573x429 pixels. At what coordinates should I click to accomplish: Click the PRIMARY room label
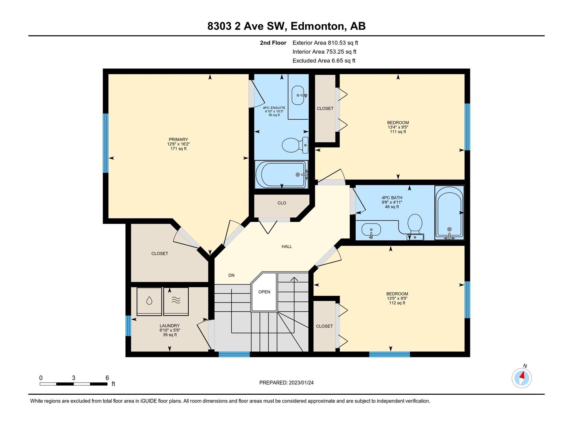click(x=178, y=139)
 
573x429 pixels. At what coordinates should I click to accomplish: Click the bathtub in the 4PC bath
click(x=449, y=213)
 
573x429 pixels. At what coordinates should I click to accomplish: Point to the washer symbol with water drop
click(x=149, y=301)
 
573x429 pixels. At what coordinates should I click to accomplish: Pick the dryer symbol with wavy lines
click(x=176, y=301)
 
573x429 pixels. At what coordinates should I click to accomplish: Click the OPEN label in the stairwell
click(x=264, y=292)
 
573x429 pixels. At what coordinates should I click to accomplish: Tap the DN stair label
click(x=231, y=275)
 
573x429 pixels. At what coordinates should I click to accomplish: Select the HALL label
click(x=286, y=246)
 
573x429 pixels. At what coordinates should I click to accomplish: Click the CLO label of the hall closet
click(x=282, y=203)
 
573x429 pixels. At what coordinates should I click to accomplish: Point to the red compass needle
click(x=522, y=375)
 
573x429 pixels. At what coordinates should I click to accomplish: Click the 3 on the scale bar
click(x=74, y=378)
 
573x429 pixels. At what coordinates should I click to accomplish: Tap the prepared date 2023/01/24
click(x=301, y=383)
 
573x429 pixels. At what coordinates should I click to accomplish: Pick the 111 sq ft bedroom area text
click(x=398, y=132)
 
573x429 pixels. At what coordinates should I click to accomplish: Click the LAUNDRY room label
click(x=170, y=326)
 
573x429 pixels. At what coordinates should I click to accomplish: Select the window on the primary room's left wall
click(x=105, y=143)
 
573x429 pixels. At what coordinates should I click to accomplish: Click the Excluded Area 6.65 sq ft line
click(x=324, y=61)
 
